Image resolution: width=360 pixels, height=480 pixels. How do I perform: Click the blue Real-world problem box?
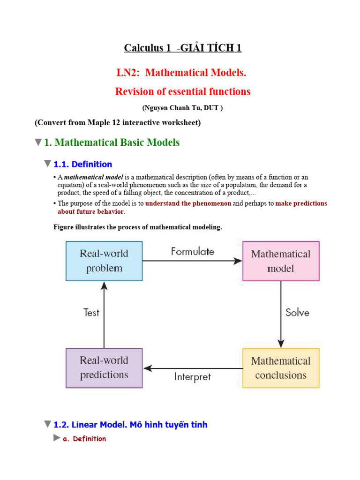coord(104,261)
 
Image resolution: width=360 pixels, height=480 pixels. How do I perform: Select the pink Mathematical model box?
coord(281,261)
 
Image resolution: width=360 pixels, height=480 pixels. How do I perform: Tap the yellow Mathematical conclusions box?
coord(281,368)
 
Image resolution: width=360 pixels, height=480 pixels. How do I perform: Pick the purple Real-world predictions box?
coord(104,368)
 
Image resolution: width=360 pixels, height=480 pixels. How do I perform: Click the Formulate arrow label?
coord(193,251)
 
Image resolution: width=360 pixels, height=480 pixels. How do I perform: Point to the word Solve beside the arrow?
coord(297,313)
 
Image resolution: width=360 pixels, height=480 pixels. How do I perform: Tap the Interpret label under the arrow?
coord(193,377)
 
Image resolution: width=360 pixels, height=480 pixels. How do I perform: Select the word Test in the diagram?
coord(91,313)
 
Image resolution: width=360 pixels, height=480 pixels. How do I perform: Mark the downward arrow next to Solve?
coord(280,314)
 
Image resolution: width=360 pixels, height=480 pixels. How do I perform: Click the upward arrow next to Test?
coord(104,314)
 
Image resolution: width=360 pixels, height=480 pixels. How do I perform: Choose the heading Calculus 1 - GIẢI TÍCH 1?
coord(183,48)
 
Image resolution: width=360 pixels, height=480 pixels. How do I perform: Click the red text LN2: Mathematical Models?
coord(181,73)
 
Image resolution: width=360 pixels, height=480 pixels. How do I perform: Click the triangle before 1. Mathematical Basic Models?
coord(38,142)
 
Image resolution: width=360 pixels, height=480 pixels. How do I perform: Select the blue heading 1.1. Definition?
coord(82,165)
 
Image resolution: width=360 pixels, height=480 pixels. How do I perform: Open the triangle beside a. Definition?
coord(57,438)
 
